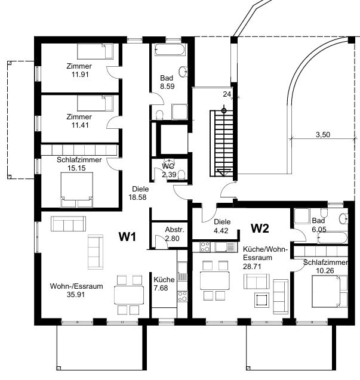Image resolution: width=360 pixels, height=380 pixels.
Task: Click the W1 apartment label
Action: click(x=127, y=236)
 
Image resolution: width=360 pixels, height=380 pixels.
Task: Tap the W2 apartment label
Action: click(x=260, y=228)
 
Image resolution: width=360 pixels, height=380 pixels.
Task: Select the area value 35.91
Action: click(x=76, y=295)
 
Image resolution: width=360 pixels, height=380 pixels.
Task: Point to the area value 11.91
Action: click(x=80, y=75)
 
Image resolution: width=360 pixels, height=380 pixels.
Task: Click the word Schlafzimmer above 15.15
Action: click(x=79, y=160)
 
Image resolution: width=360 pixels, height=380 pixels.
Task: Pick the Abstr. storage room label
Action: click(x=175, y=230)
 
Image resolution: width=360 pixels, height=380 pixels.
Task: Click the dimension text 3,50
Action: click(x=323, y=134)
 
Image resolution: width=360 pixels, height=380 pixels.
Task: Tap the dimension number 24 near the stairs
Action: click(x=227, y=94)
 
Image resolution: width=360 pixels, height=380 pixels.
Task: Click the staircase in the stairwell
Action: click(x=221, y=143)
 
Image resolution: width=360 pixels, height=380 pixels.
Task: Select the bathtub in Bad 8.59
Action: click(x=170, y=50)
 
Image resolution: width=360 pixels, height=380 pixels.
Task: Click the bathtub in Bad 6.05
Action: click(x=333, y=238)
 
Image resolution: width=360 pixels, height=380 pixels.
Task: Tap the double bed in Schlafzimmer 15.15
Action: click(x=76, y=190)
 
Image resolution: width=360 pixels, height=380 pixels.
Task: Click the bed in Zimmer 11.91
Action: click(x=95, y=51)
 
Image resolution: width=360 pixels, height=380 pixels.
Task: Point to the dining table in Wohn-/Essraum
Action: click(x=129, y=295)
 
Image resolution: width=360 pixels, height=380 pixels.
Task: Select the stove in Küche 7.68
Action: click(x=183, y=296)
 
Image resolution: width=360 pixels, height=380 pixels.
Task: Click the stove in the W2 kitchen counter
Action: click(x=205, y=247)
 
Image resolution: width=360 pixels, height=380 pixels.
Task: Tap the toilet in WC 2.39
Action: click(x=181, y=174)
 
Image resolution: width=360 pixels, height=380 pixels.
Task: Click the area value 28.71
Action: click(x=252, y=266)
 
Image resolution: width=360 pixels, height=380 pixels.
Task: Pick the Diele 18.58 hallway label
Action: click(x=138, y=193)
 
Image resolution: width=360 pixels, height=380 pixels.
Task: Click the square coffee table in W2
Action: click(x=261, y=300)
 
